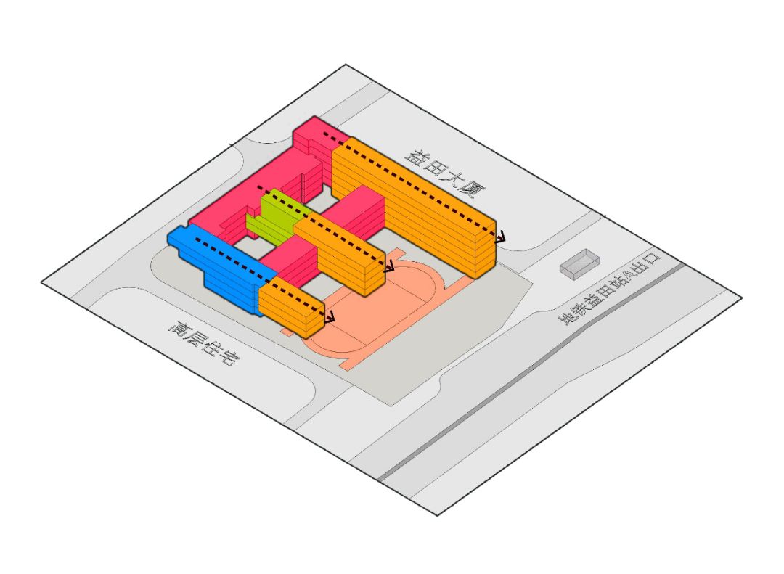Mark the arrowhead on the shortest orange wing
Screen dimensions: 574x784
point(331,317)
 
